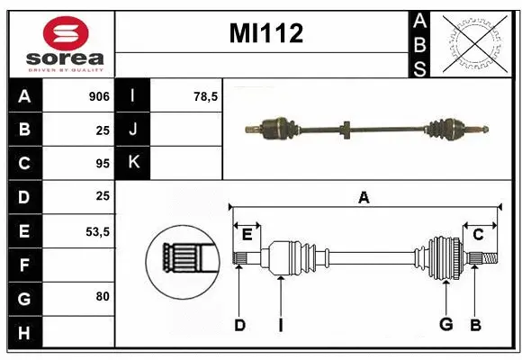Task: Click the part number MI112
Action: [x=265, y=34]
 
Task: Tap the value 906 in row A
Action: [x=98, y=96]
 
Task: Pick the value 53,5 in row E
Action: [x=97, y=231]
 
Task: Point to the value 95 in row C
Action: [x=103, y=163]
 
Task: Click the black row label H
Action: [x=23, y=333]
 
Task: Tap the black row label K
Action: [x=133, y=163]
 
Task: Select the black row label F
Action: [x=23, y=265]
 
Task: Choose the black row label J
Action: [x=133, y=130]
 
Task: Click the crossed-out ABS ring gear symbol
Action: [x=476, y=42]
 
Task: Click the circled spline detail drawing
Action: [x=183, y=260]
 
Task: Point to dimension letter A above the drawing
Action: [x=364, y=197]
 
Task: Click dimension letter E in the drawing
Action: [x=247, y=234]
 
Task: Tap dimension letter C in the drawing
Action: [x=478, y=234]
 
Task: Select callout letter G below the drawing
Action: [x=445, y=325]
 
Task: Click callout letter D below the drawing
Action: [x=239, y=325]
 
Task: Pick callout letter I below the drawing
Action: [x=280, y=325]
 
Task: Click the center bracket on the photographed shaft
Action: [x=345, y=130]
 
